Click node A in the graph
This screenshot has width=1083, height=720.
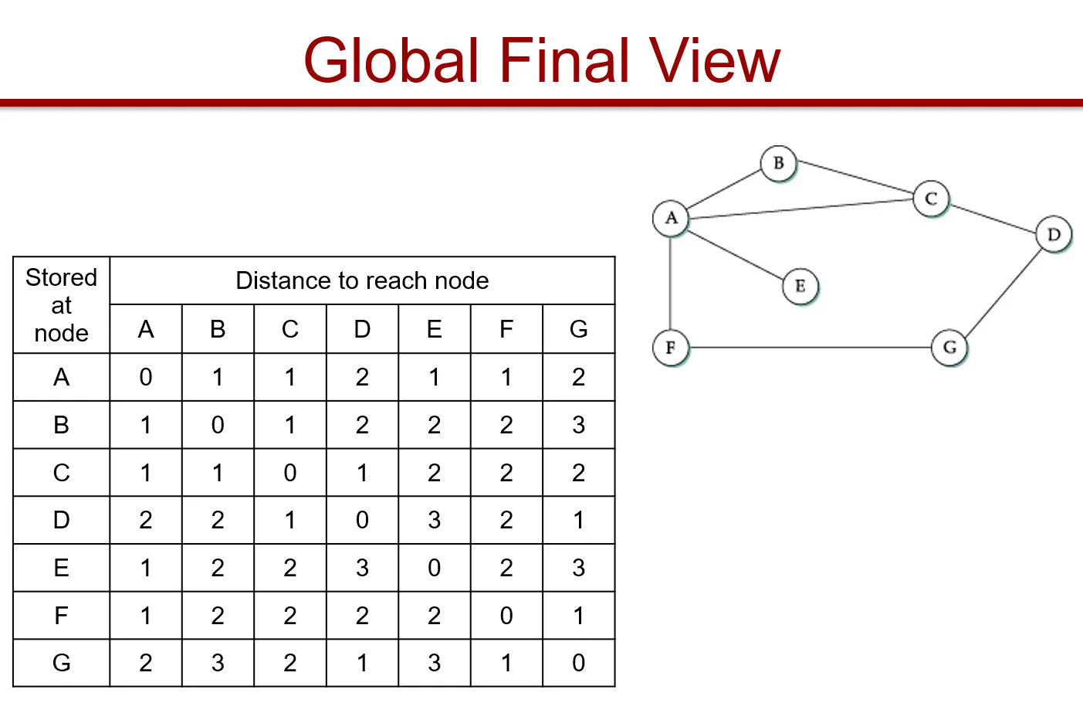[x=671, y=218]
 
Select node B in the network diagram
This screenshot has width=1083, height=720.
[x=778, y=163]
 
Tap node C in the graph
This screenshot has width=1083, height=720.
[x=931, y=199]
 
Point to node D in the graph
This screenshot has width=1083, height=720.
[x=1053, y=234]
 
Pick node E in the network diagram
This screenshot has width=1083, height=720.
[x=800, y=287]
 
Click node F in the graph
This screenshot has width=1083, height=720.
[x=670, y=348]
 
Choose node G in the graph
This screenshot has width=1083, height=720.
[x=949, y=348]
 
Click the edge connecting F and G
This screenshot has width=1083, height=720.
[x=811, y=348]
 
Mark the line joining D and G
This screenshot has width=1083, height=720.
[x=1002, y=291]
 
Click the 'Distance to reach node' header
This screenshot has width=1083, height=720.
[x=362, y=280]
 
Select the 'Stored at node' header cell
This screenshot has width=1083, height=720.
[x=62, y=305]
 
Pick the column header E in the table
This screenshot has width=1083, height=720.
[x=435, y=330]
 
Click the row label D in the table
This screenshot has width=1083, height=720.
[x=62, y=520]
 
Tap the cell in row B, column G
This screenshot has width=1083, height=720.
[x=578, y=425]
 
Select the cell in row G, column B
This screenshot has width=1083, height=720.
[x=218, y=663]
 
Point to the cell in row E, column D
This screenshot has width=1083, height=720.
[x=362, y=568]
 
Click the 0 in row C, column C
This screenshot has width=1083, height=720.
[x=290, y=473]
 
